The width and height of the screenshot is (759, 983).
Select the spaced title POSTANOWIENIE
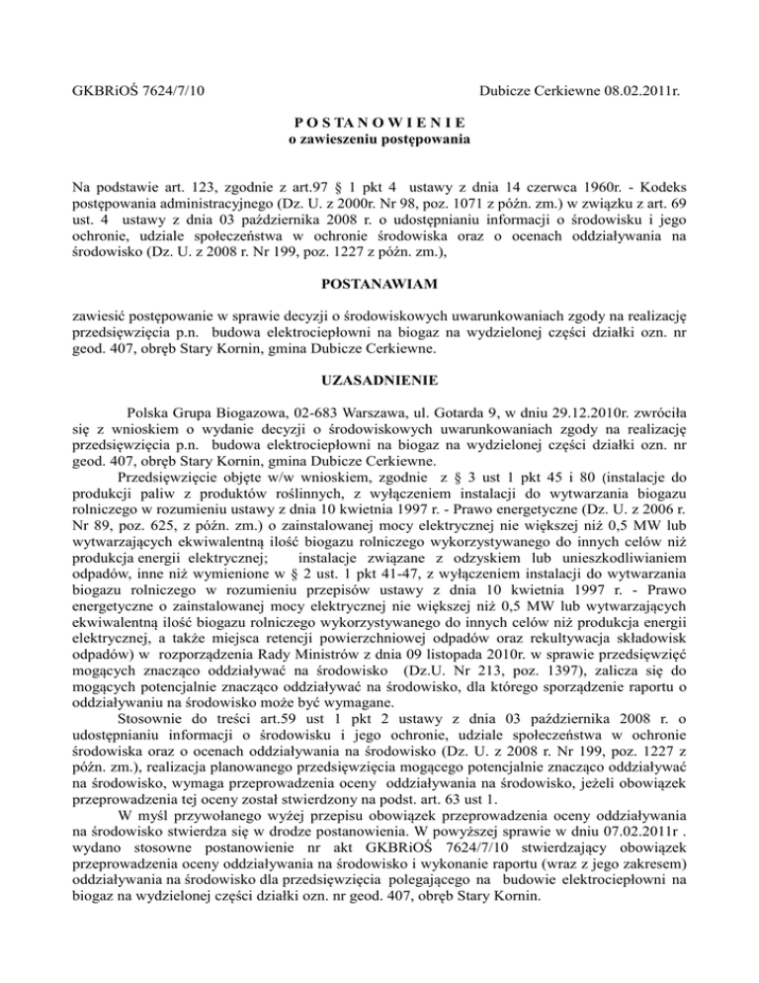click(x=379, y=123)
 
